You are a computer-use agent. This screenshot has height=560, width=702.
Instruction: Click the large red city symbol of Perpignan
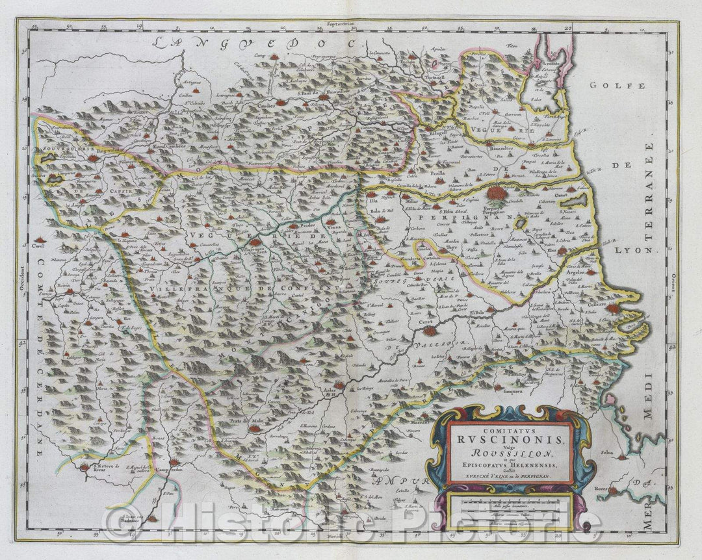(x=494, y=194)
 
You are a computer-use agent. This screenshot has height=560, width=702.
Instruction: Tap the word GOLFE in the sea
(x=617, y=85)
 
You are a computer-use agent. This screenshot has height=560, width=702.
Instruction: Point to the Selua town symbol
(x=625, y=457)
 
